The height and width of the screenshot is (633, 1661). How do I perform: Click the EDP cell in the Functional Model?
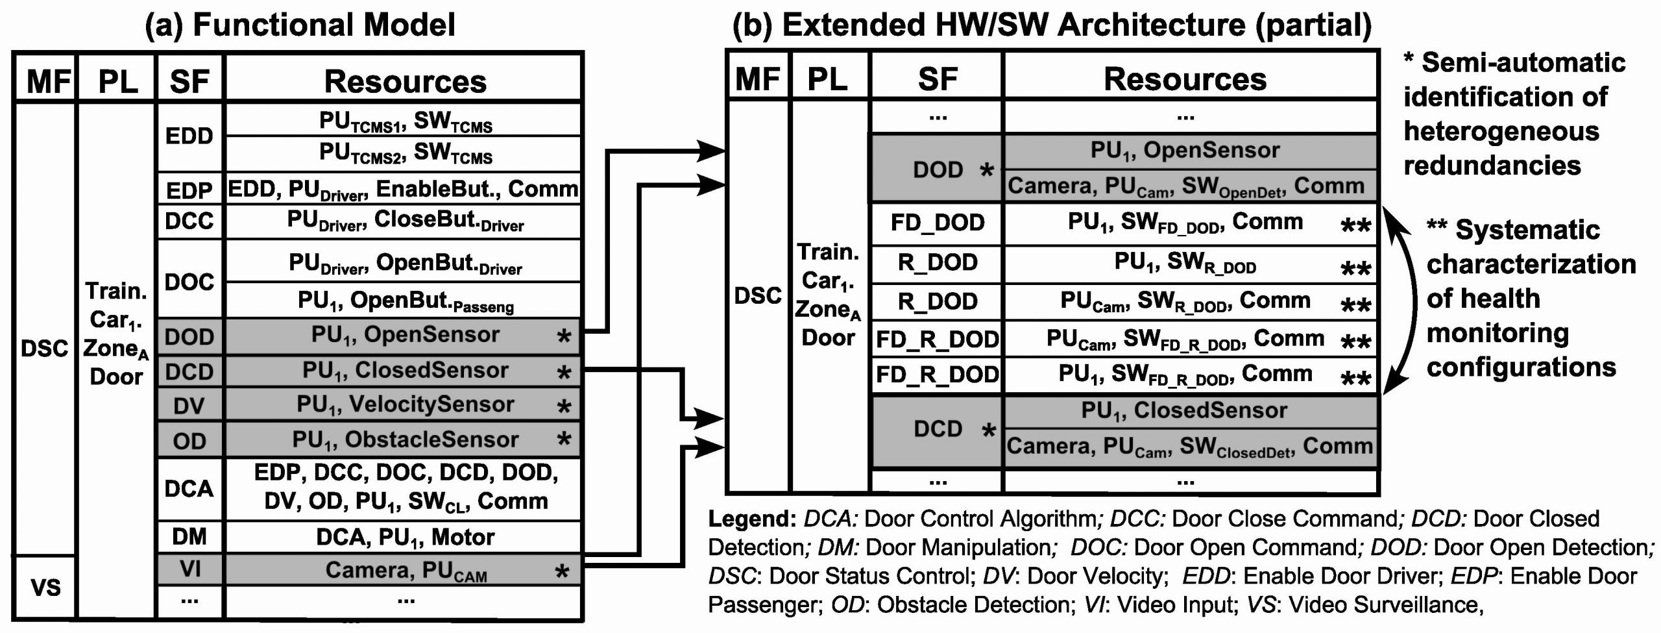coord(189,190)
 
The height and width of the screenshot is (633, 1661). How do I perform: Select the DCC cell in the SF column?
coord(189,221)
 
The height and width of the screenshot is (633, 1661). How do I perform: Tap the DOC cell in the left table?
coord(189,281)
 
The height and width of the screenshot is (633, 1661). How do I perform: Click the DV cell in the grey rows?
coord(189,406)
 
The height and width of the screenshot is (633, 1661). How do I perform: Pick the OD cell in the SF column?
coord(189,441)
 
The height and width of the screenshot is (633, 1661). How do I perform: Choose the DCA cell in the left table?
coord(189,488)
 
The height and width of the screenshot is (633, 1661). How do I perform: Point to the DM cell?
coord(189,536)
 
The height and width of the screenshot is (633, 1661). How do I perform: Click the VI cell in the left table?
coord(189,569)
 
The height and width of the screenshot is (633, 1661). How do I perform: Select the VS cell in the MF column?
coord(45,587)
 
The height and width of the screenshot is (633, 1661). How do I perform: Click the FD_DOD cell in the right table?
coord(937,223)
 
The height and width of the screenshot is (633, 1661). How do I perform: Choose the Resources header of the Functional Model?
coord(405,82)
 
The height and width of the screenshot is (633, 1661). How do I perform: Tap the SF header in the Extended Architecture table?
coord(937,79)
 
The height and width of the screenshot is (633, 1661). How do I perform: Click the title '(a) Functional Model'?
coord(299,25)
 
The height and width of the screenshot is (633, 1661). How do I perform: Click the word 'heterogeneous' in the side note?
coord(1501,131)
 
